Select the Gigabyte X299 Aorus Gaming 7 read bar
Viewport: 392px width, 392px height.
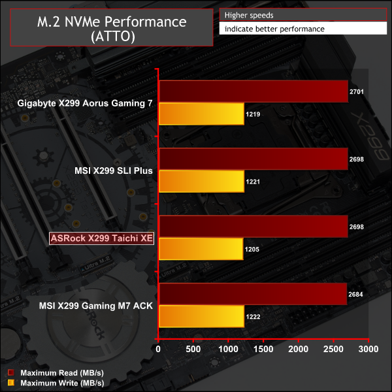pyautogui.click(x=253, y=91)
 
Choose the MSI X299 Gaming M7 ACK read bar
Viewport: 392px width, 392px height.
pyautogui.click(x=252, y=295)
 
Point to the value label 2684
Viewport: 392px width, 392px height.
pyautogui.click(x=356, y=294)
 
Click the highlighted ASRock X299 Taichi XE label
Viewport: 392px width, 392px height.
pyautogui.click(x=101, y=238)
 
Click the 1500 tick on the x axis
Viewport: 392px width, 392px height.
pyautogui.click(x=263, y=351)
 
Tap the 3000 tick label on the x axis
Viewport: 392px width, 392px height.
pyautogui.click(x=368, y=351)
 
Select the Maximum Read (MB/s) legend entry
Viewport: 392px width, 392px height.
pyautogui.click(x=56, y=372)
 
